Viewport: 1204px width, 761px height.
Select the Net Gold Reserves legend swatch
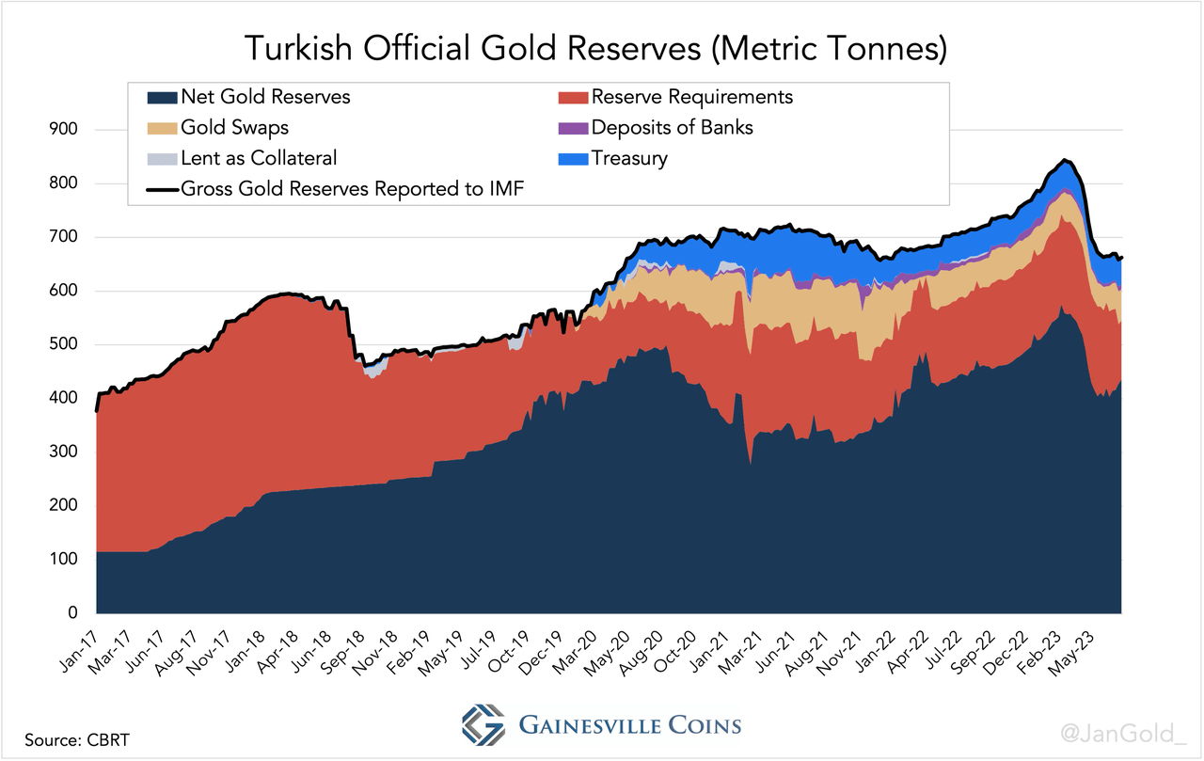(x=163, y=97)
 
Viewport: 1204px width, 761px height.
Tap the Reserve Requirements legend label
(x=692, y=97)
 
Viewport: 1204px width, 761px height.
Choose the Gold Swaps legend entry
(x=235, y=127)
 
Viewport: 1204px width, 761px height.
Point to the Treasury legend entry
(x=629, y=158)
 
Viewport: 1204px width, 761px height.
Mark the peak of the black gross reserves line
(x=1064, y=161)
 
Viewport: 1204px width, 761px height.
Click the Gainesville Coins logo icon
(x=483, y=725)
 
